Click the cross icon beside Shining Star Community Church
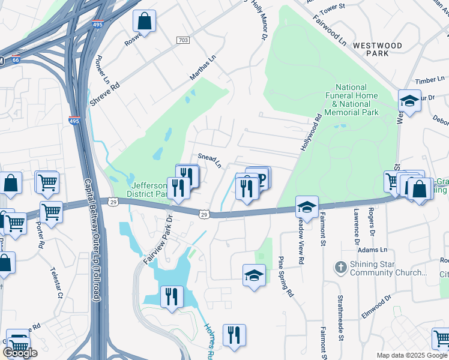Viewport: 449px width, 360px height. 340,266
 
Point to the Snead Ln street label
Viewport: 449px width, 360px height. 210,160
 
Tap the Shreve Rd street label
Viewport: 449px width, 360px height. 106,94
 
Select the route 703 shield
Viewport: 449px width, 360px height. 183,40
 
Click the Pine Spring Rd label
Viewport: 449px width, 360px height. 285,277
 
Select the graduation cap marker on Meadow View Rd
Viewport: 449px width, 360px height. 306,207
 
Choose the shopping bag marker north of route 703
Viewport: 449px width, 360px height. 145,22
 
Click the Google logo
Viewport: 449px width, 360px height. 20,353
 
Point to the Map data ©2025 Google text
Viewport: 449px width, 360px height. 412,355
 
